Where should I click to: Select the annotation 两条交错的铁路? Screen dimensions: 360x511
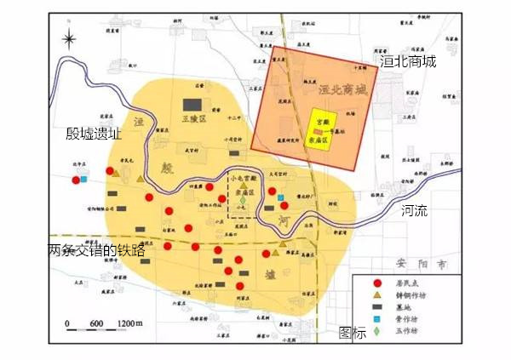(x=97, y=251)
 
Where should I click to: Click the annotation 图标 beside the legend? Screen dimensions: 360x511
(x=352, y=333)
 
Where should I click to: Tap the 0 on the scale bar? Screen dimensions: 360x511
(x=67, y=323)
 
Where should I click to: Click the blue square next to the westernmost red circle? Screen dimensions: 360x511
(x=84, y=178)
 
